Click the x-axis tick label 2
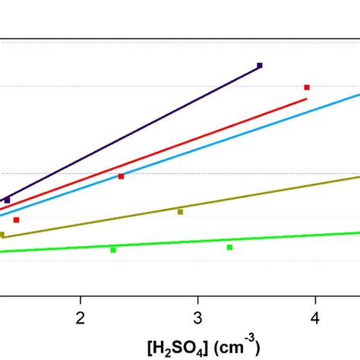81,315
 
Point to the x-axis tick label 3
197,315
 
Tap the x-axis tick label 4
315,315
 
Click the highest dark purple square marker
260,66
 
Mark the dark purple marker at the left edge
8,200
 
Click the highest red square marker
307,87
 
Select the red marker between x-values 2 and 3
121,176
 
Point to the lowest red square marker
16,219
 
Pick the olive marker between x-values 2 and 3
180,212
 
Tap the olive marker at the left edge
2,235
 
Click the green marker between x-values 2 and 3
113,249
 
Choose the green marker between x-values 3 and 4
229,247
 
